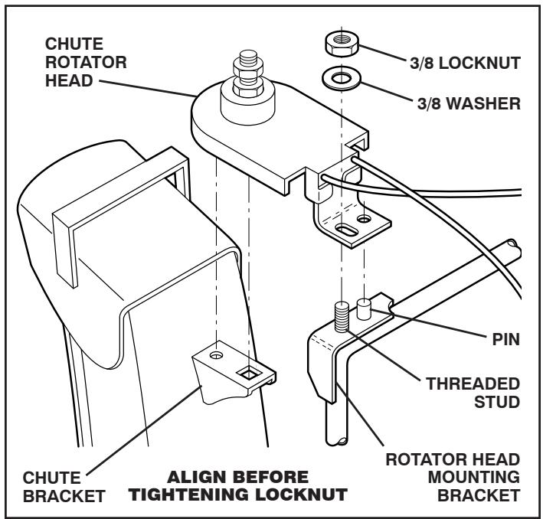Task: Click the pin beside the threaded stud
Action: [365, 308]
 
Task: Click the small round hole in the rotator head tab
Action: [369, 220]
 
